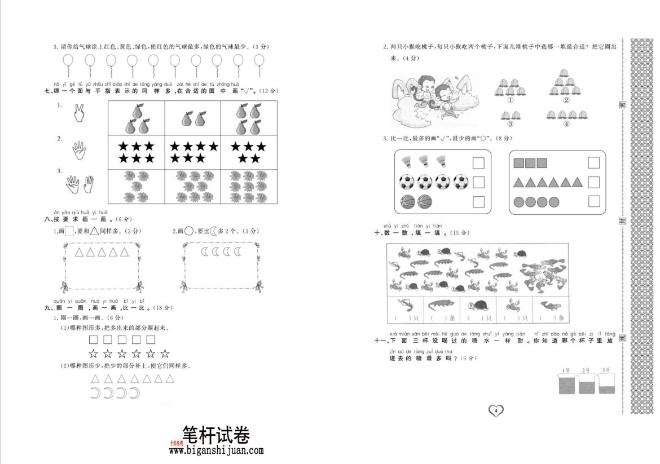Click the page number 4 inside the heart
pyautogui.click(x=495, y=410)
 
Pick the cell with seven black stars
pyautogui.click(x=193, y=152)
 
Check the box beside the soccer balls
pyautogui.click(x=478, y=182)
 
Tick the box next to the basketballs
pyautogui.click(x=478, y=201)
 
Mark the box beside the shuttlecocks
pyautogui.click(x=478, y=163)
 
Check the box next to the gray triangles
pyautogui.click(x=593, y=182)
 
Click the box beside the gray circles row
pyautogui.click(x=593, y=201)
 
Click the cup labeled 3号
pyautogui.click(x=606, y=386)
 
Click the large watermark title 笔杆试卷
pyautogui.click(x=216, y=434)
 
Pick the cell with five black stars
pyautogui.click(x=249, y=152)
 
